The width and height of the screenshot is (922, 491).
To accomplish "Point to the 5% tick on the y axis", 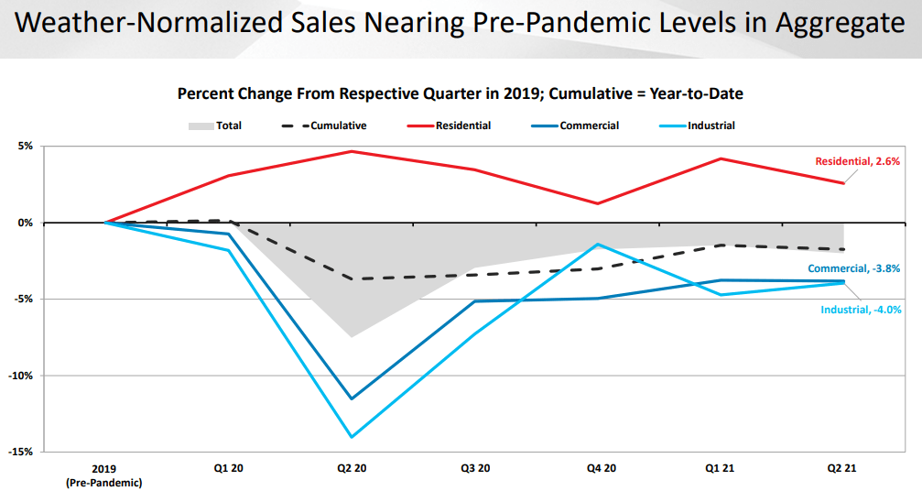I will [25, 146].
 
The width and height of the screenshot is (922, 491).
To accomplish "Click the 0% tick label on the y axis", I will [25, 223].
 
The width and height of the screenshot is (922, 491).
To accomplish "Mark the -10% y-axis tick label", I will [22, 376].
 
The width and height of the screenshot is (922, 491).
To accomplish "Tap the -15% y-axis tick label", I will [22, 452].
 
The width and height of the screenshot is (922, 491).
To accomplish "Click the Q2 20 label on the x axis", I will [353, 468].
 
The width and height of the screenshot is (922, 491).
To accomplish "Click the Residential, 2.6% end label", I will [858, 161].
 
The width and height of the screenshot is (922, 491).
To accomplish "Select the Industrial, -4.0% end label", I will [860, 310].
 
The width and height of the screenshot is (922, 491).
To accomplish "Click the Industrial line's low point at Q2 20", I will [352, 437].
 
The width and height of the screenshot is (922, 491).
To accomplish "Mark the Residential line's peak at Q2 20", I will [352, 151].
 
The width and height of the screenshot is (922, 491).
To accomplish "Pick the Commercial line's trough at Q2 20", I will [352, 398].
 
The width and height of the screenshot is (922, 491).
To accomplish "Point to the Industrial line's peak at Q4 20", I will [598, 244].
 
